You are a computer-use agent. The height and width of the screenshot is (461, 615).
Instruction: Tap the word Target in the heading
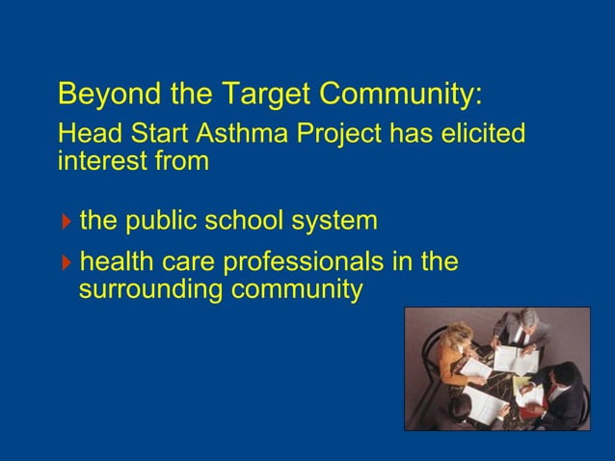(264, 95)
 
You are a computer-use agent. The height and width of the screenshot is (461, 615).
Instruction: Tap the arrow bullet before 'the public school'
(66, 222)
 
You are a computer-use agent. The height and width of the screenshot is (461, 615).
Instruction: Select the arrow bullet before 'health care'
(66, 262)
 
